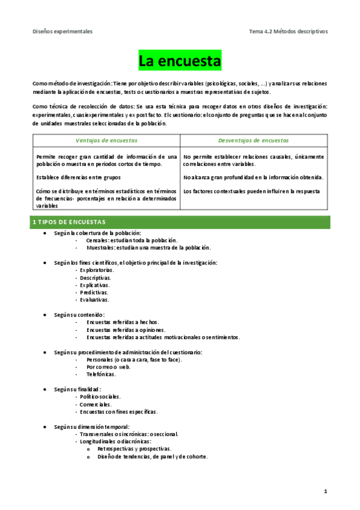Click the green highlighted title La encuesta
point(180,61)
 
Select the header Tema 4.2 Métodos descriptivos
point(288,31)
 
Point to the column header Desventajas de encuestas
point(254,140)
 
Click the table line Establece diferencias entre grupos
point(78,177)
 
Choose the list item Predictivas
point(94,292)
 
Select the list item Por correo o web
point(108,367)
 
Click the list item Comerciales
point(96,404)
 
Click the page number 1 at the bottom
point(325,492)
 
